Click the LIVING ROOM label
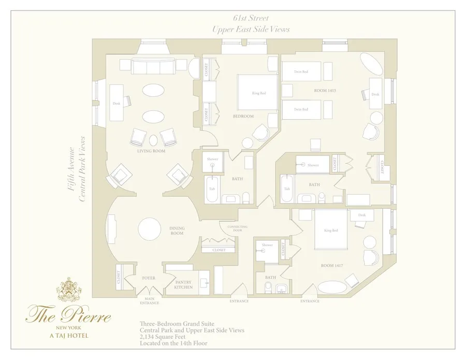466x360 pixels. point(151,152)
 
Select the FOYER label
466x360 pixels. point(149,278)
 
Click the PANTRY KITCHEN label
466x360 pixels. point(183,284)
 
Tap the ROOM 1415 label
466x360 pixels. point(325,91)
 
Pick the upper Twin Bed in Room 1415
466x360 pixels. point(301,71)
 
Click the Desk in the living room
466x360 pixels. point(116,103)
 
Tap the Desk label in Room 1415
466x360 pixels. point(375,94)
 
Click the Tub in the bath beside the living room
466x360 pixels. point(212,189)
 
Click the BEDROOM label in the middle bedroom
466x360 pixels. point(243,117)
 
